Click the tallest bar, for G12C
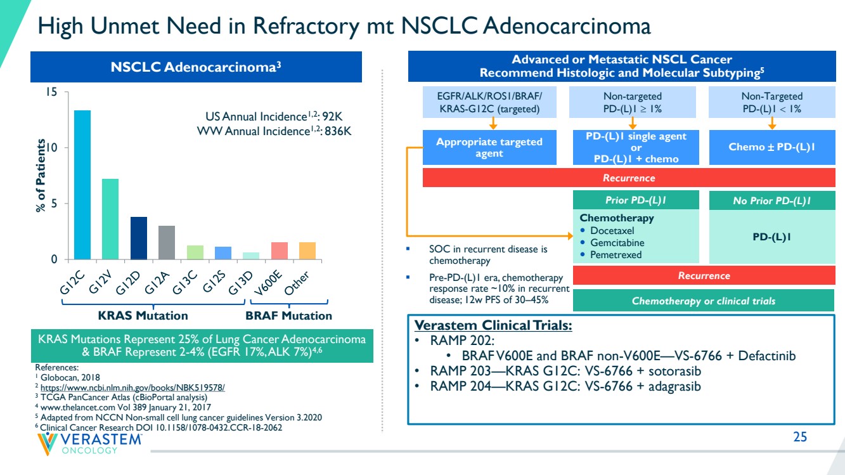pyautogui.click(x=82, y=185)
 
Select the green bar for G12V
pyautogui.click(x=110, y=219)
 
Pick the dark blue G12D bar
pyautogui.click(x=139, y=238)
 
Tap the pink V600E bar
pyautogui.click(x=280, y=251)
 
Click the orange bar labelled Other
pyautogui.click(x=307, y=251)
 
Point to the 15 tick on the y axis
pyautogui.click(x=52, y=92)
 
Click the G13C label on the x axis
pyautogui.click(x=185, y=282)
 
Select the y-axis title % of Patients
pyautogui.click(x=41, y=176)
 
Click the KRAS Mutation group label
pyautogui.click(x=143, y=315)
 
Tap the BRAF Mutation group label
pyautogui.click(x=288, y=315)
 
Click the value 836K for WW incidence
pyautogui.click(x=338, y=131)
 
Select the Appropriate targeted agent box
pyautogui.click(x=489, y=148)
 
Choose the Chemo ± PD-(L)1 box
pyautogui.click(x=772, y=147)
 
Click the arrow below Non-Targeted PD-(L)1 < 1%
pyautogui.click(x=772, y=124)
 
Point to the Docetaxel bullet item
pyautogui.click(x=612, y=230)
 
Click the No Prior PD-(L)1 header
pyautogui.click(x=772, y=200)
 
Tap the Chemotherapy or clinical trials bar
pyautogui.click(x=704, y=301)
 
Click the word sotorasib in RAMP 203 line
pyautogui.click(x=674, y=371)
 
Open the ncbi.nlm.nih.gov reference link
pyautogui.click(x=132, y=387)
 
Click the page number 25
pyautogui.click(x=800, y=437)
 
